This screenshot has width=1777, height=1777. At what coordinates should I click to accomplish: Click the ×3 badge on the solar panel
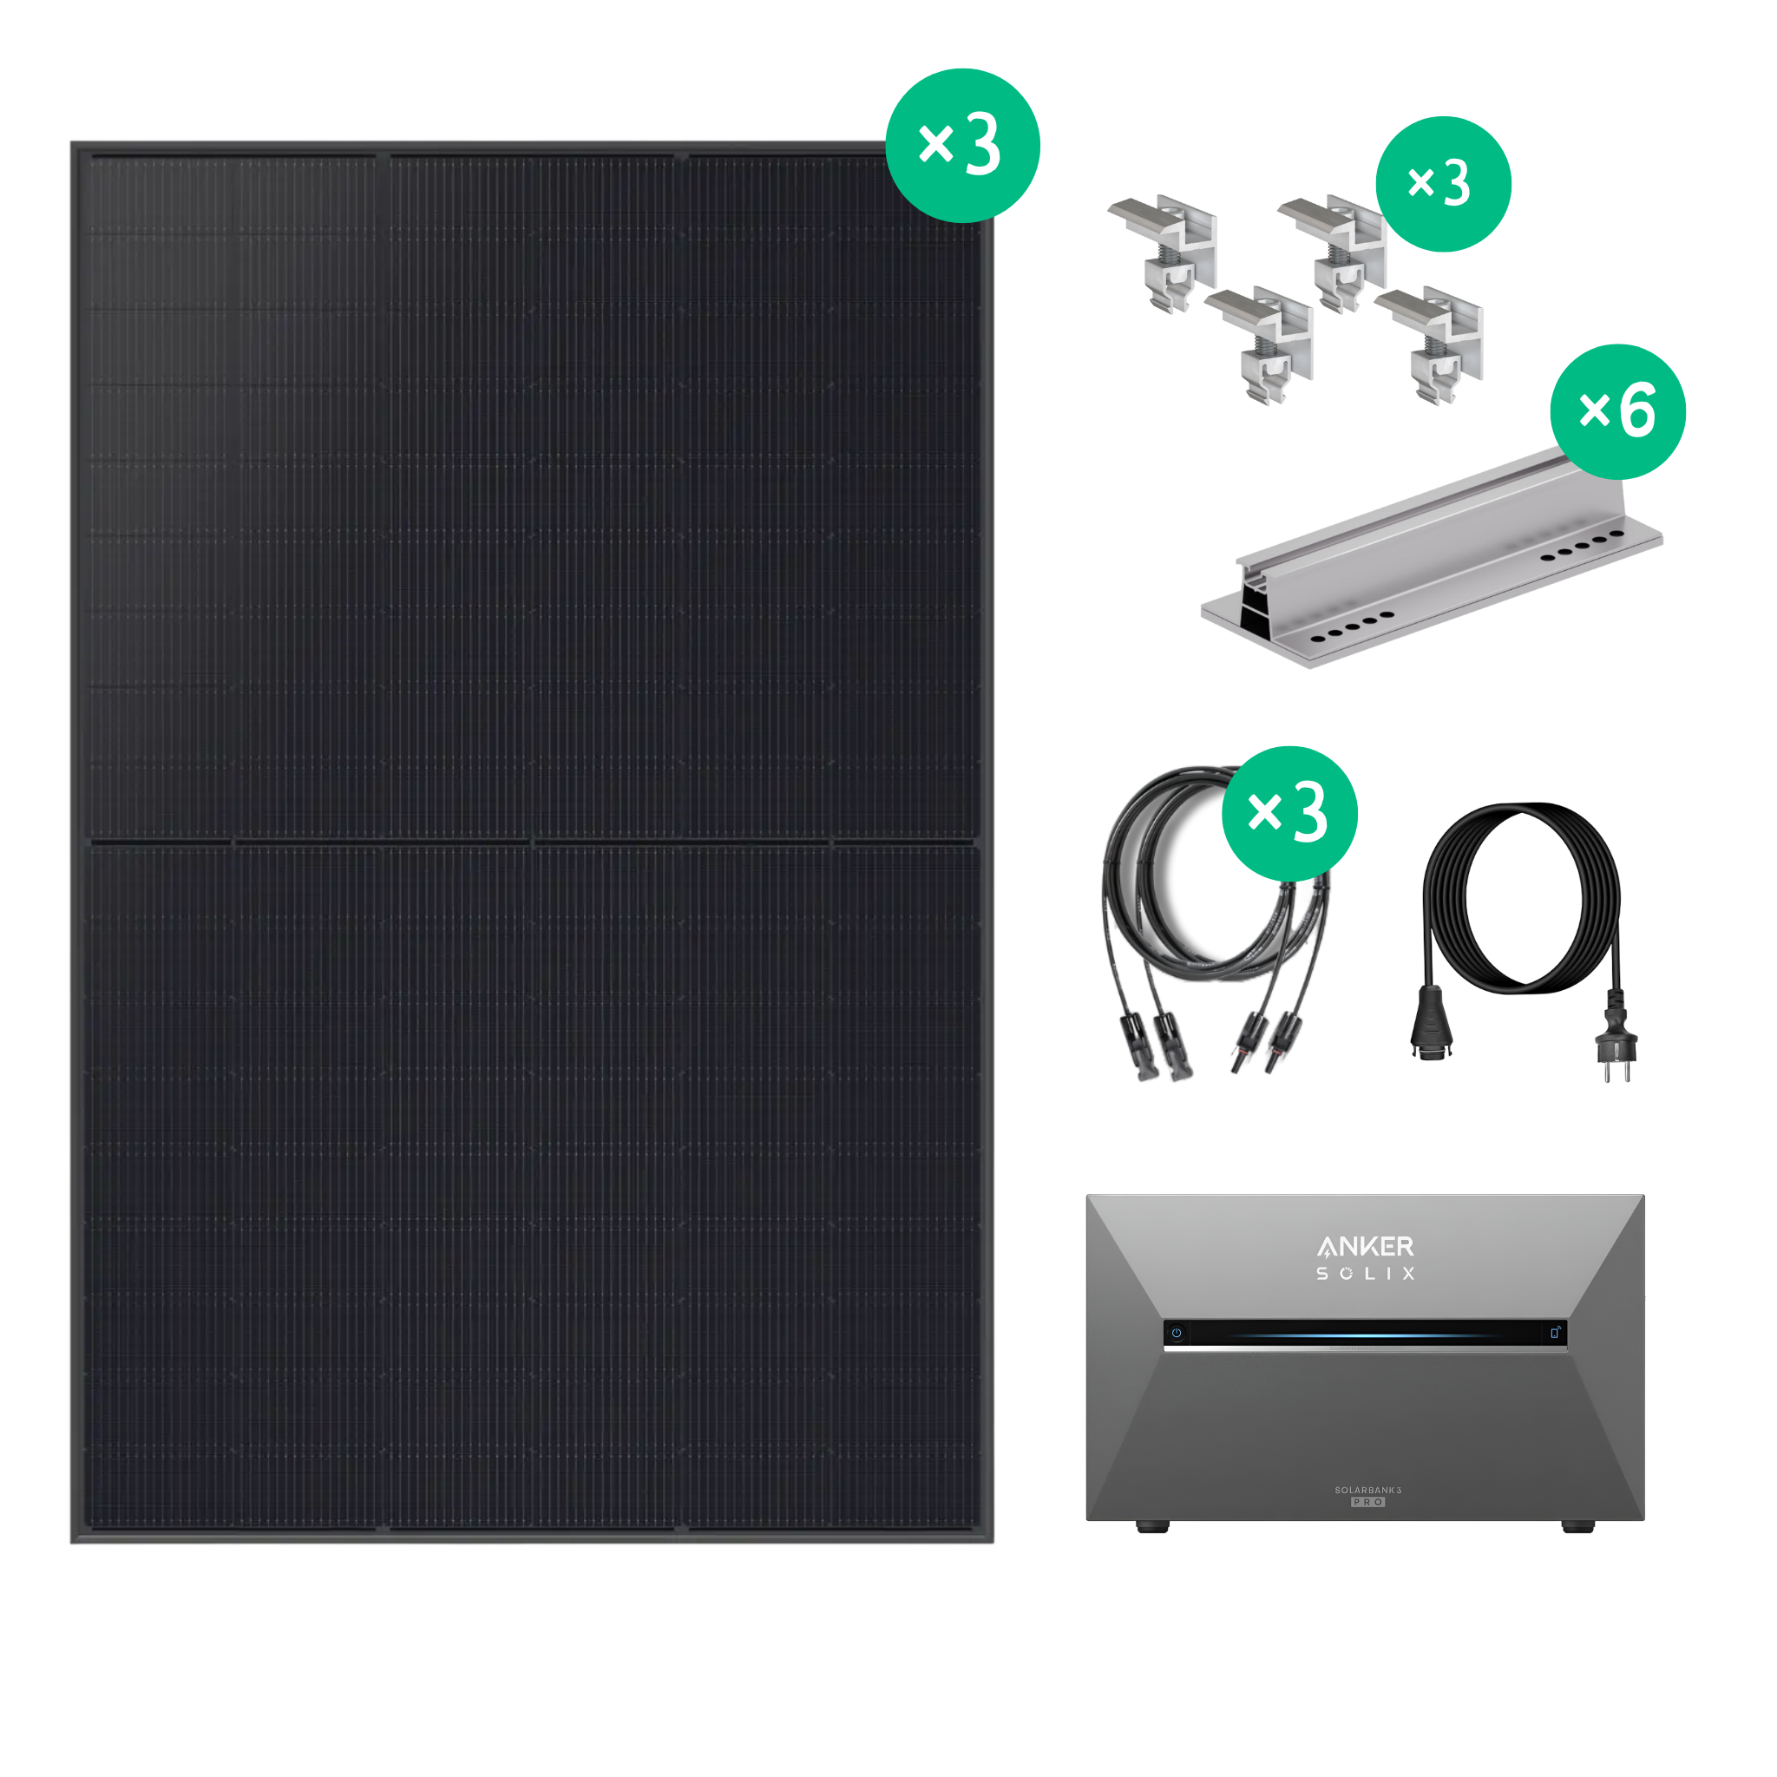(x=962, y=145)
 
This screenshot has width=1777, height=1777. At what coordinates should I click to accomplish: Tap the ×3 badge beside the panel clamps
(x=1443, y=184)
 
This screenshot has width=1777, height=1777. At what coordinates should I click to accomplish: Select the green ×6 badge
(x=1618, y=411)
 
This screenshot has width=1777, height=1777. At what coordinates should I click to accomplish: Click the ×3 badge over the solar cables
(x=1289, y=813)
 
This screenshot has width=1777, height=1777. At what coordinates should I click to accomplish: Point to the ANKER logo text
(x=1365, y=1247)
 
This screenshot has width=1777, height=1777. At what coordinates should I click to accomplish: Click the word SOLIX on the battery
(x=1365, y=1274)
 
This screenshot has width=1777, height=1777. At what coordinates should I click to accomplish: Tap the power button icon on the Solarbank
(x=1177, y=1333)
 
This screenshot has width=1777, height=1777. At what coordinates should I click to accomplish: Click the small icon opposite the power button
(x=1554, y=1332)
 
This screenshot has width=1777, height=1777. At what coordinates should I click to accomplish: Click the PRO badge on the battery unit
(x=1367, y=1502)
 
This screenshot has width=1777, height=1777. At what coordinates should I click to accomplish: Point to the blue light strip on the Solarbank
(x=1361, y=1335)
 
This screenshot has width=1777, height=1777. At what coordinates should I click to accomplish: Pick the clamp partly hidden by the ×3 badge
(x=1334, y=253)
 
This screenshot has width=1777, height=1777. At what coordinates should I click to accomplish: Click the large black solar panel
(x=532, y=843)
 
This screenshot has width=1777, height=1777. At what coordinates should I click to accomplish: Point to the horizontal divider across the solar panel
(x=532, y=842)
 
